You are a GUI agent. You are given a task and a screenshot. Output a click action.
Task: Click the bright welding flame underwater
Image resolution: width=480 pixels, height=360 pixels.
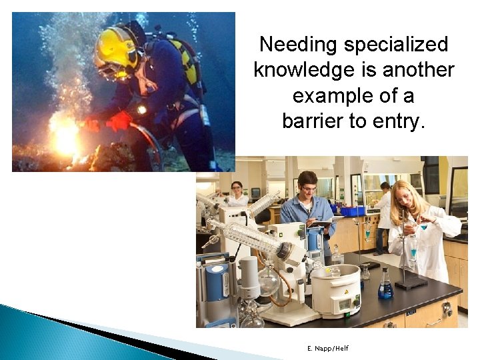pos(65,136)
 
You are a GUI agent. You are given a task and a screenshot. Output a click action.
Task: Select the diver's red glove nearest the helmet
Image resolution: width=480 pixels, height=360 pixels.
pos(120,121)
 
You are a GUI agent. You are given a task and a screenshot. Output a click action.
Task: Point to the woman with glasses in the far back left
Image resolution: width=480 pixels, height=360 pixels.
pos(237,193)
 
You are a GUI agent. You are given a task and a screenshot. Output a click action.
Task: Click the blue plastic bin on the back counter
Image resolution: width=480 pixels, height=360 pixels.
pos(353,211)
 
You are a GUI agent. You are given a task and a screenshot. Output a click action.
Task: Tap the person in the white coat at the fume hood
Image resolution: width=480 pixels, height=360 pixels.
pos(383,213)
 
